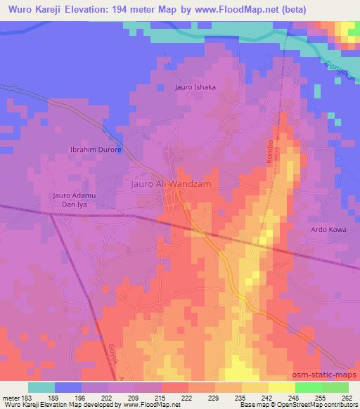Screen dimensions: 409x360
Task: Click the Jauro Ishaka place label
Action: (x=195, y=87)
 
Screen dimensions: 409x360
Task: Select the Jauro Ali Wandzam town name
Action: (x=172, y=183)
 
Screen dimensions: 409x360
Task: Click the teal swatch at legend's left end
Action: (x=41, y=387)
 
